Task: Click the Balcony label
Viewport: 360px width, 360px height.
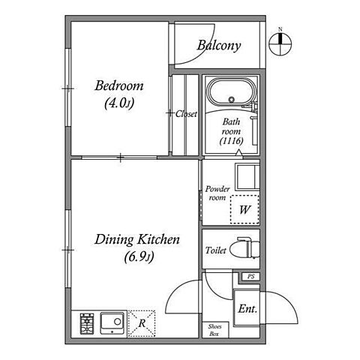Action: click(219, 46)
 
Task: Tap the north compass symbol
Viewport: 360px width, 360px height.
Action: click(280, 43)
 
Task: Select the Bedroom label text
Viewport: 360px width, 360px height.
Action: click(119, 85)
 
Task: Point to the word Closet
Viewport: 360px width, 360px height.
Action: click(186, 114)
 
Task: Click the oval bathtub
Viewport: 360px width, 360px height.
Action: click(232, 92)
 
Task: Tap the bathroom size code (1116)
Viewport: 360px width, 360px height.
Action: click(232, 141)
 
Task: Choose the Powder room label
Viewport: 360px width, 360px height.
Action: click(217, 193)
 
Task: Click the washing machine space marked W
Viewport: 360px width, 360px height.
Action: click(244, 209)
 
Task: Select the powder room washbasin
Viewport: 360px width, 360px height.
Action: click(247, 176)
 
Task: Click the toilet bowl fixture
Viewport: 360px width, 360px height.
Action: click(245, 248)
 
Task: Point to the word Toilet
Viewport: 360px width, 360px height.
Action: click(216, 250)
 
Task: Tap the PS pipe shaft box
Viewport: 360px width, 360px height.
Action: click(251, 277)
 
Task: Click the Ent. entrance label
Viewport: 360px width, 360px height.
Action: click(247, 309)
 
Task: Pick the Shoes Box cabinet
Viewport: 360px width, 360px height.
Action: click(215, 330)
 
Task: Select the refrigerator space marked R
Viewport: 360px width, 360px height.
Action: click(142, 324)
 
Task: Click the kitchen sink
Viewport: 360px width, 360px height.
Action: click(112, 323)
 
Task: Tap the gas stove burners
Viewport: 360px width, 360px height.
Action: click(87, 323)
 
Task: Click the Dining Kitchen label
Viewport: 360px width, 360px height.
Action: click(137, 239)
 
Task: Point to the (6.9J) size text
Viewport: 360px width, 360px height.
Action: click(139, 256)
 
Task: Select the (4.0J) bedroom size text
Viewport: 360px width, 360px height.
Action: click(119, 103)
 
